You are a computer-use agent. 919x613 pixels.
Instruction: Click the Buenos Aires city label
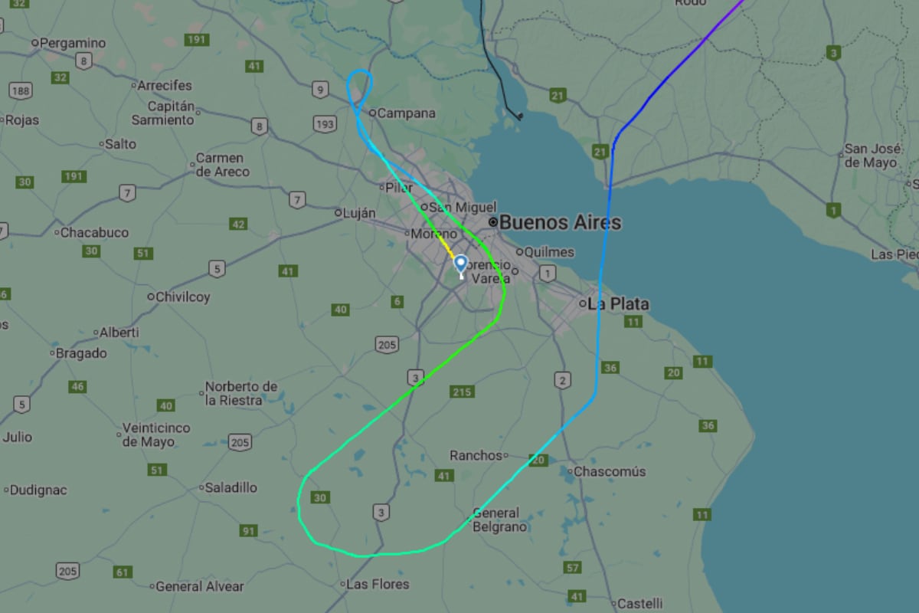[x=560, y=222]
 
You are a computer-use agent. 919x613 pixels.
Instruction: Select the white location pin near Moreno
[x=460, y=265]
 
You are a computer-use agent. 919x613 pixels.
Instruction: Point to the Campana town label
[x=407, y=113]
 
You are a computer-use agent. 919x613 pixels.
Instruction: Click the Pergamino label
[x=72, y=43]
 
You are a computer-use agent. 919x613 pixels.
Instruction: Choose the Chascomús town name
[x=609, y=471]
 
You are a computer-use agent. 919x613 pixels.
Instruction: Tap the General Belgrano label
[x=499, y=520]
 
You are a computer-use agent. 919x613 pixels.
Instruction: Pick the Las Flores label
[x=378, y=584]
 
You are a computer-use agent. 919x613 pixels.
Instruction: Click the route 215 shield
[x=462, y=392]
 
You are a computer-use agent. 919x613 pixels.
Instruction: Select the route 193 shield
[x=325, y=124]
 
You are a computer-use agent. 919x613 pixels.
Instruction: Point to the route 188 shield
[x=21, y=91]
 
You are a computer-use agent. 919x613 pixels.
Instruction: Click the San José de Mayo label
[x=872, y=156]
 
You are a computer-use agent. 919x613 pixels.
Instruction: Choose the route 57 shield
[x=572, y=567]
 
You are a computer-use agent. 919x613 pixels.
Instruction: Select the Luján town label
[x=359, y=212]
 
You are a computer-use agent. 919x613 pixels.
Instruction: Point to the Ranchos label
[x=476, y=455]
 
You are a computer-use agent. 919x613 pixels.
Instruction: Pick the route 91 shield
[x=249, y=530]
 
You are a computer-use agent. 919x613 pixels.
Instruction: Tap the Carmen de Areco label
[x=223, y=165]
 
